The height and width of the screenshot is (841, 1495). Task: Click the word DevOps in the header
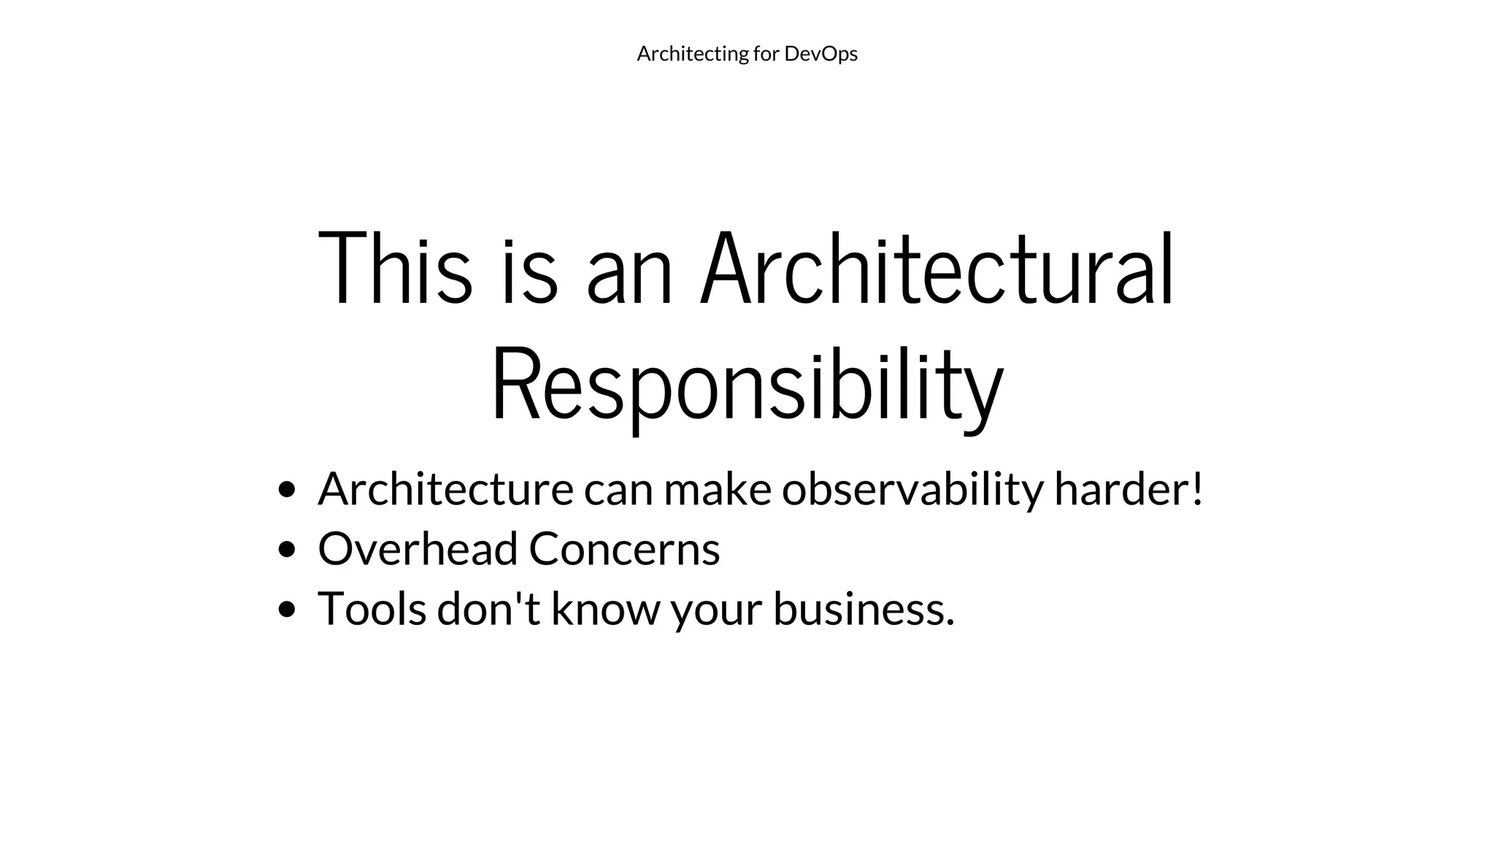pos(820,53)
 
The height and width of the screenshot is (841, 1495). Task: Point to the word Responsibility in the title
pos(747,387)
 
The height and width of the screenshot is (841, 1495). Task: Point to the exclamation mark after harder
pos(1196,488)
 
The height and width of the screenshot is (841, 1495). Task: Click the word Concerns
pos(624,548)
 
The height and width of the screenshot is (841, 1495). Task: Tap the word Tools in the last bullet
pos(372,608)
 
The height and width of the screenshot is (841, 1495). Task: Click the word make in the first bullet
pos(718,488)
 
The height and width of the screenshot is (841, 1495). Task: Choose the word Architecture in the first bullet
pos(445,488)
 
